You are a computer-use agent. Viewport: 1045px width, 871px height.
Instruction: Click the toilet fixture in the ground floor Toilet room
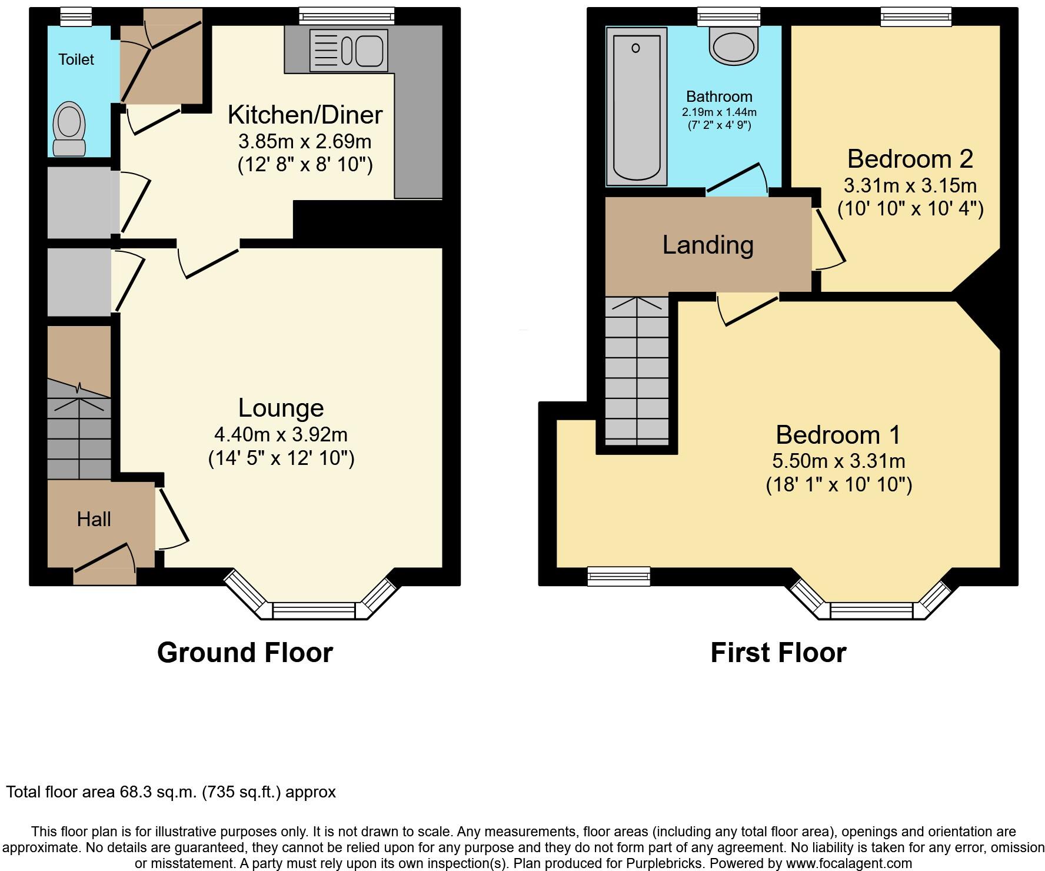click(69, 129)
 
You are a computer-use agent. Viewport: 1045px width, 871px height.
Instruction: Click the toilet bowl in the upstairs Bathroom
click(734, 46)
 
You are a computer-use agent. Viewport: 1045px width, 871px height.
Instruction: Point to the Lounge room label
click(281, 408)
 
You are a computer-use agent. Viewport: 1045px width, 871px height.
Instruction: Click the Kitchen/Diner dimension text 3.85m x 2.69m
click(304, 141)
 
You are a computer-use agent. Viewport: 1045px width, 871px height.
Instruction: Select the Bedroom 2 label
click(910, 159)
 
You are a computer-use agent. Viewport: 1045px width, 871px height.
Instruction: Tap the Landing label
click(708, 245)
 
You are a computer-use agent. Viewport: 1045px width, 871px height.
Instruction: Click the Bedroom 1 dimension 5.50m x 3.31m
click(838, 461)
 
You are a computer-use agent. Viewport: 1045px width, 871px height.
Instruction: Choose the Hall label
click(94, 519)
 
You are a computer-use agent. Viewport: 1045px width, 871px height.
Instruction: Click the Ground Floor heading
click(245, 653)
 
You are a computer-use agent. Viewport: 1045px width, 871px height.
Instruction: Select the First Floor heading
click(778, 653)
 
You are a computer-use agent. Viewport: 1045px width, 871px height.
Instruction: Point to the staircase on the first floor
click(637, 371)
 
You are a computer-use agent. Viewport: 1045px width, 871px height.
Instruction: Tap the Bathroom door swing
click(738, 179)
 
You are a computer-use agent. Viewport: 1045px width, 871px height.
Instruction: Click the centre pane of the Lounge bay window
click(314, 610)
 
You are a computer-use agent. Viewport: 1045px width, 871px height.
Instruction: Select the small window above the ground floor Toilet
click(76, 16)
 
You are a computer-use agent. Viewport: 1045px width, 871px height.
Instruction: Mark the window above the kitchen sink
click(346, 16)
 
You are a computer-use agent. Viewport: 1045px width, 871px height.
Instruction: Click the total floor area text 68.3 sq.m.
click(171, 792)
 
